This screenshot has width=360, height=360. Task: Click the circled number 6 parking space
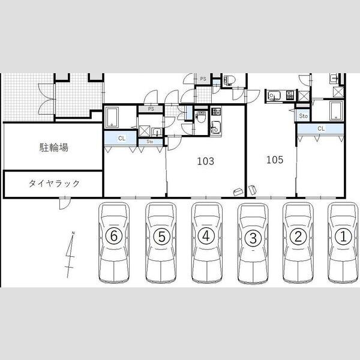pyautogui.click(x=114, y=236)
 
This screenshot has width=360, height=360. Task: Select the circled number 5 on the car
pyautogui.click(x=161, y=236)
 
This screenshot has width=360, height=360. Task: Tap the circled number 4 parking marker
pyautogui.click(x=206, y=236)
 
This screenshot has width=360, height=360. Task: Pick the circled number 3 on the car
pyautogui.click(x=253, y=238)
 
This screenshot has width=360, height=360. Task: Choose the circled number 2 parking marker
pyautogui.click(x=298, y=236)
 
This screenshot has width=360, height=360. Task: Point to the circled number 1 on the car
pyautogui.click(x=343, y=236)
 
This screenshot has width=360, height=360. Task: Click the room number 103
pyautogui.click(x=206, y=161)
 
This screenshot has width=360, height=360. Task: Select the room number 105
pyautogui.click(x=275, y=160)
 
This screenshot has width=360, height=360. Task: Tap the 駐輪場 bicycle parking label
pyautogui.click(x=54, y=148)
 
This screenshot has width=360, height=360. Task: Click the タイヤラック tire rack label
pyautogui.click(x=54, y=184)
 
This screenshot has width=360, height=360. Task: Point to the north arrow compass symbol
pyautogui.click(x=70, y=255)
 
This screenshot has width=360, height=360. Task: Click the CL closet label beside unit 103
pyautogui.click(x=122, y=138)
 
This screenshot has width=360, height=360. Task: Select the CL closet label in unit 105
pyautogui.click(x=321, y=128)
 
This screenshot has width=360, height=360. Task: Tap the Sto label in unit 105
pyautogui.click(x=303, y=116)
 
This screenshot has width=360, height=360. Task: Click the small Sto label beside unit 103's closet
pyautogui.click(x=149, y=142)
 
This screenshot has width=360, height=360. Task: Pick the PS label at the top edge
pyautogui.click(x=203, y=79)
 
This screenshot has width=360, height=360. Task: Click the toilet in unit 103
pyautogui.click(x=202, y=117)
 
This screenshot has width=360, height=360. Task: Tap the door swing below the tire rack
pyautogui.click(x=65, y=203)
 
